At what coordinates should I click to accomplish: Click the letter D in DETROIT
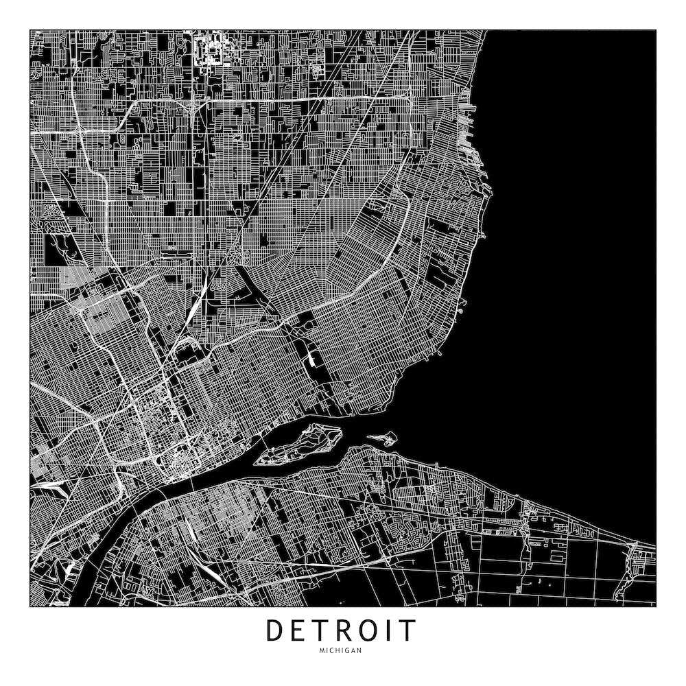pyautogui.click(x=276, y=630)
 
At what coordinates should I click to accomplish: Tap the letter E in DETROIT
pyautogui.click(x=301, y=630)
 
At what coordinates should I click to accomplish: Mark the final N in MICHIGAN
pyautogui.click(x=359, y=650)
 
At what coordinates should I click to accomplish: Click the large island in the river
pyautogui.click(x=302, y=442)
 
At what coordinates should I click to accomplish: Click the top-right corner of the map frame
pyautogui.click(x=655, y=30)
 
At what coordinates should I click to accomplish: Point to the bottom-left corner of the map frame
pyautogui.click(x=30, y=606)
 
